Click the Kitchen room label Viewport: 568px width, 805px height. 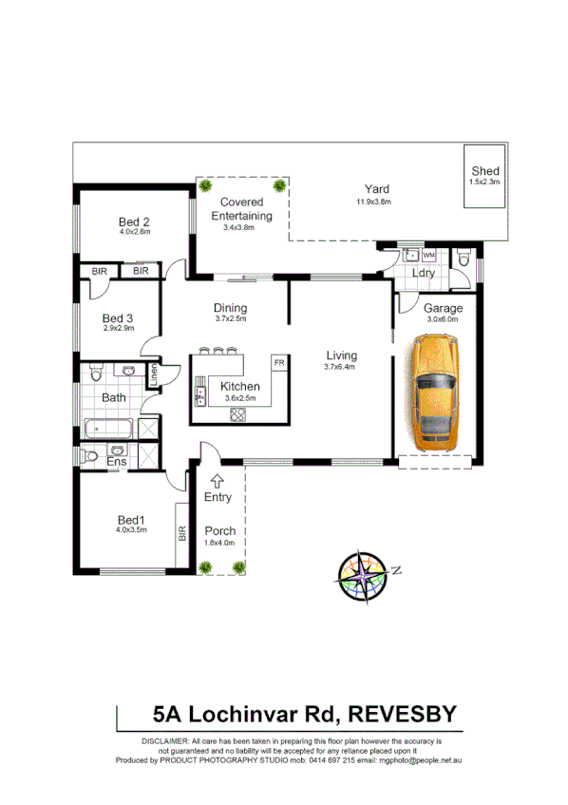[x=239, y=387]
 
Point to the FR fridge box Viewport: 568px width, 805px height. [x=279, y=363]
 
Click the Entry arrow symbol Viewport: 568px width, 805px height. [x=217, y=481]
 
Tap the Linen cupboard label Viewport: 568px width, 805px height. [x=151, y=374]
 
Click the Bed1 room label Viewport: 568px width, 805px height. [x=131, y=519]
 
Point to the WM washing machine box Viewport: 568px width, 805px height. [x=428, y=256]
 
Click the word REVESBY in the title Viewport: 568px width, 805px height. [x=401, y=714]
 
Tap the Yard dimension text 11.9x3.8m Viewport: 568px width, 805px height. [x=373, y=201]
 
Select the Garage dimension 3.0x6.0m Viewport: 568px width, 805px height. [x=442, y=320]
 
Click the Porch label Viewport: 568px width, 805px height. [x=219, y=530]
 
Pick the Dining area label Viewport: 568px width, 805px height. [x=231, y=308]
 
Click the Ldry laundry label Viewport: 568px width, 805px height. [x=424, y=274]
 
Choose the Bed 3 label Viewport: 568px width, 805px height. [x=118, y=317]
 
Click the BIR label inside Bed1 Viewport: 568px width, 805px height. [x=180, y=535]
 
